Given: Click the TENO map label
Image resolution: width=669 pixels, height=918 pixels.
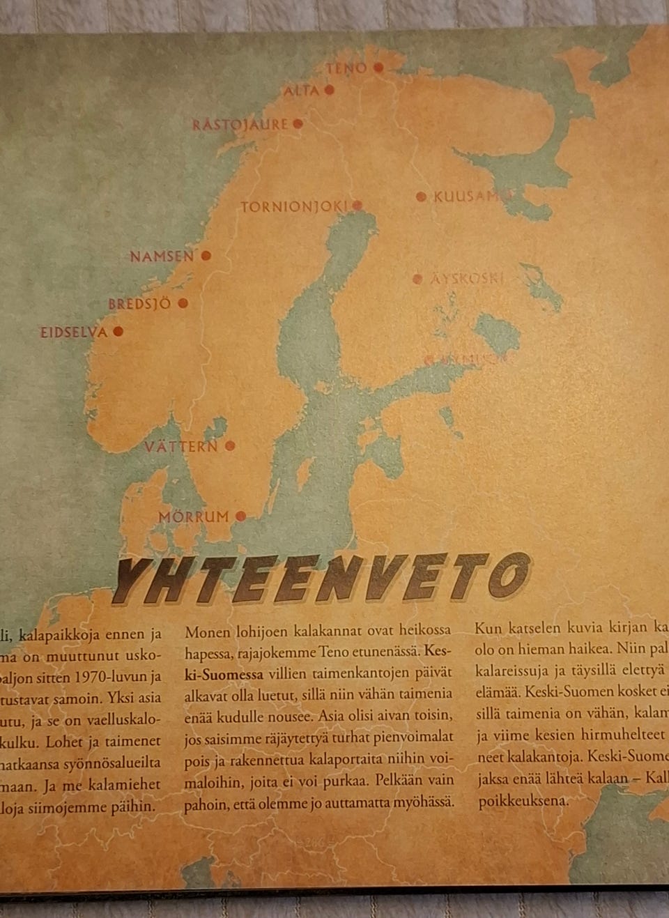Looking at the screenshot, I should point(346,68).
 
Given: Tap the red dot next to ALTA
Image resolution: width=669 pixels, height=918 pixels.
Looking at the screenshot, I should point(329,90).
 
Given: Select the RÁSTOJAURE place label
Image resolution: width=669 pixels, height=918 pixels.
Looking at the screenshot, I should point(240,125).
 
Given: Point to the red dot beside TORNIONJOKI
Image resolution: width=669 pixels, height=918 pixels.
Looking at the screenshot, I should point(357,206).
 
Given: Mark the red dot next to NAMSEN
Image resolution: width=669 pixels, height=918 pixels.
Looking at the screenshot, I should point(206,256).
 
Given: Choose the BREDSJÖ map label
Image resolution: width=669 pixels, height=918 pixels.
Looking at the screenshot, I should point(139,304).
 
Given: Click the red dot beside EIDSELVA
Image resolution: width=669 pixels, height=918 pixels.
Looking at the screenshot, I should point(118,332).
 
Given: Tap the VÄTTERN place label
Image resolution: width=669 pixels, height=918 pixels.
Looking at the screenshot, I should point(181,446).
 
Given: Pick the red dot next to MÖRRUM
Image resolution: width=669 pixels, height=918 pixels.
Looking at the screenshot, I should point(240,517).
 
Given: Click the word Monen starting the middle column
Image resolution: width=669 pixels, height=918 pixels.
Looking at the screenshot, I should point(207,631).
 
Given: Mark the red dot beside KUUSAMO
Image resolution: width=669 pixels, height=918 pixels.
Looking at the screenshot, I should point(421,197).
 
